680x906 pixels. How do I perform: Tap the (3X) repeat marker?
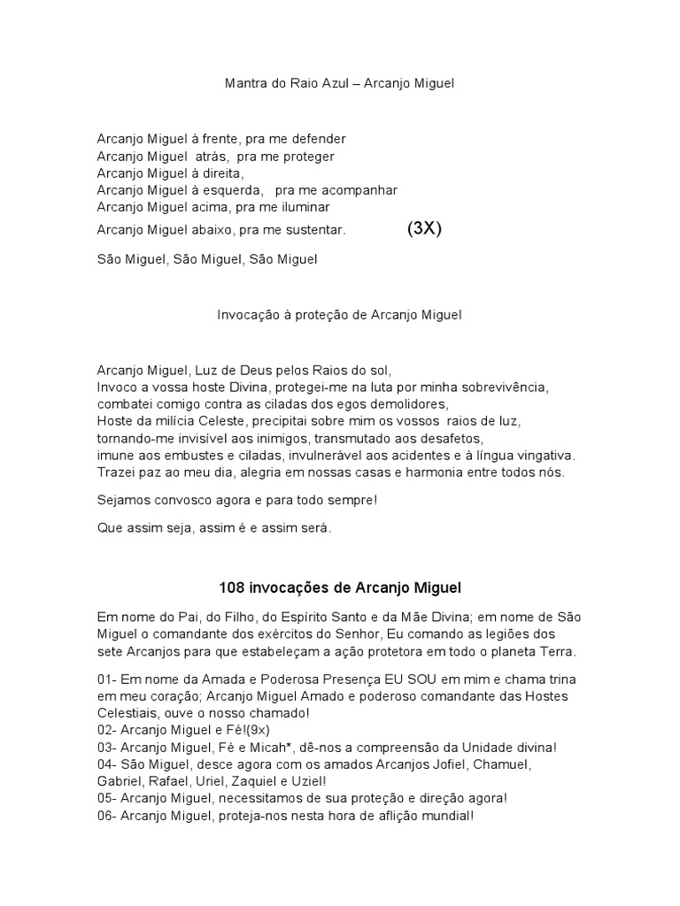tap(424, 228)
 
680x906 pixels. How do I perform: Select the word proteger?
tap(305, 156)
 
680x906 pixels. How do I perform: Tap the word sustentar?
tap(313, 230)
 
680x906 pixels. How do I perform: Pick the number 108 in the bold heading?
tap(230, 587)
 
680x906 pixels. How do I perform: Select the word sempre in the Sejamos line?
tap(352, 501)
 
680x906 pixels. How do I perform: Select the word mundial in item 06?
tap(444, 815)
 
